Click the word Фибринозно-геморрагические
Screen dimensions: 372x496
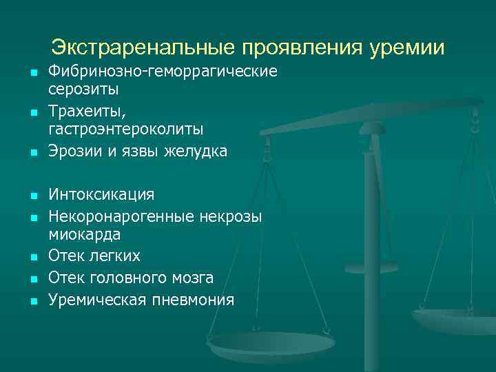(163, 72)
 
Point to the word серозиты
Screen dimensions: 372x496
(83, 89)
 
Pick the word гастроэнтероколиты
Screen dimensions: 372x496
(125, 129)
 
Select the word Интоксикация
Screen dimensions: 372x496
(101, 194)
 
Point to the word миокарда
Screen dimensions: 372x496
(85, 234)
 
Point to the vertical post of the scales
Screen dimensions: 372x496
(373, 241)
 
